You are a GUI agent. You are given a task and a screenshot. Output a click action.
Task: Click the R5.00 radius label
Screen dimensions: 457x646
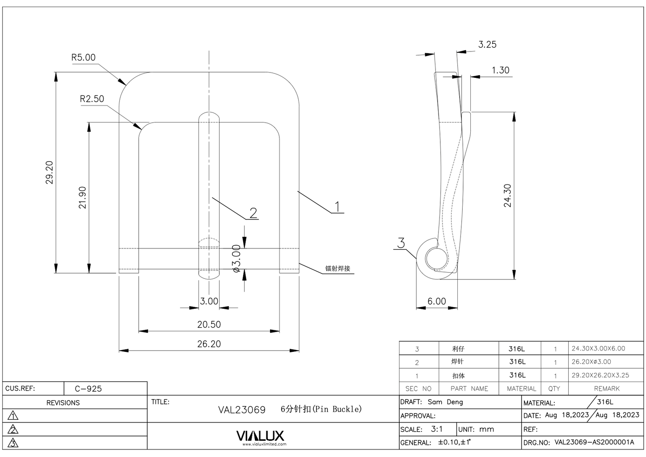[x=83, y=57]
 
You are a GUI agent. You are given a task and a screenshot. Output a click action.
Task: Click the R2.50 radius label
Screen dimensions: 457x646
[x=92, y=98]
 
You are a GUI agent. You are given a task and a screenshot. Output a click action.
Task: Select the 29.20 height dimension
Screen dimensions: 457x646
[x=49, y=172]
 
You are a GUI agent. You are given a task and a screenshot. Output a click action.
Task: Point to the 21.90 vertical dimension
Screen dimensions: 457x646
[x=82, y=198]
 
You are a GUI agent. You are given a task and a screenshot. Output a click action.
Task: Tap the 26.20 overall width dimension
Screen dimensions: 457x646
[x=209, y=344]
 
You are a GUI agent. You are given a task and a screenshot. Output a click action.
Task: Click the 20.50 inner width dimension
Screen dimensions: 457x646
[x=209, y=324]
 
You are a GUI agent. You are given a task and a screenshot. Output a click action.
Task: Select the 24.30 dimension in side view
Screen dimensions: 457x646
[x=507, y=196]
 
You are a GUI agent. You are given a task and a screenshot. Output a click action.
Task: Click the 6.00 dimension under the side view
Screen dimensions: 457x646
[x=436, y=301]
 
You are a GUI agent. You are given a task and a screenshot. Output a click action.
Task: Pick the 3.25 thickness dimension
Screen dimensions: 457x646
[x=487, y=44]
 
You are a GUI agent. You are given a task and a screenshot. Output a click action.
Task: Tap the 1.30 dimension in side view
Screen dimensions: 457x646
[x=500, y=70]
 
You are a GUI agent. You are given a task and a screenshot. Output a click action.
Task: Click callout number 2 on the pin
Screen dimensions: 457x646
[x=253, y=213]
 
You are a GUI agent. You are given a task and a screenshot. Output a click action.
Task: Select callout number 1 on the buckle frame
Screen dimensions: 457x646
[x=338, y=206]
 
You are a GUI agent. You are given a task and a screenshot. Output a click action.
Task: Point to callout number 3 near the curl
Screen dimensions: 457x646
[x=401, y=243]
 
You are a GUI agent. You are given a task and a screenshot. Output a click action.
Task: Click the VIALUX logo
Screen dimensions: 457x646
[x=260, y=436]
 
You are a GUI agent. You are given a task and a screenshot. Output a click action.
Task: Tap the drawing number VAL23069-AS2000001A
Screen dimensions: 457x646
[x=594, y=442]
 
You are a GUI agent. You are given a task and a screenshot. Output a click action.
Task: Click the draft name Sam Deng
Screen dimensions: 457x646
[x=445, y=402]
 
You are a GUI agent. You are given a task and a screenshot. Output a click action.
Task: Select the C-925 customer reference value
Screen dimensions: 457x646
[x=88, y=389]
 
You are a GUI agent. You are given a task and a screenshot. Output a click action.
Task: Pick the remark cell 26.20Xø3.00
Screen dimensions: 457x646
[x=591, y=362]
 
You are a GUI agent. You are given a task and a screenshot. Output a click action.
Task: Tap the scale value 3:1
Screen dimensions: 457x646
[x=437, y=429]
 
